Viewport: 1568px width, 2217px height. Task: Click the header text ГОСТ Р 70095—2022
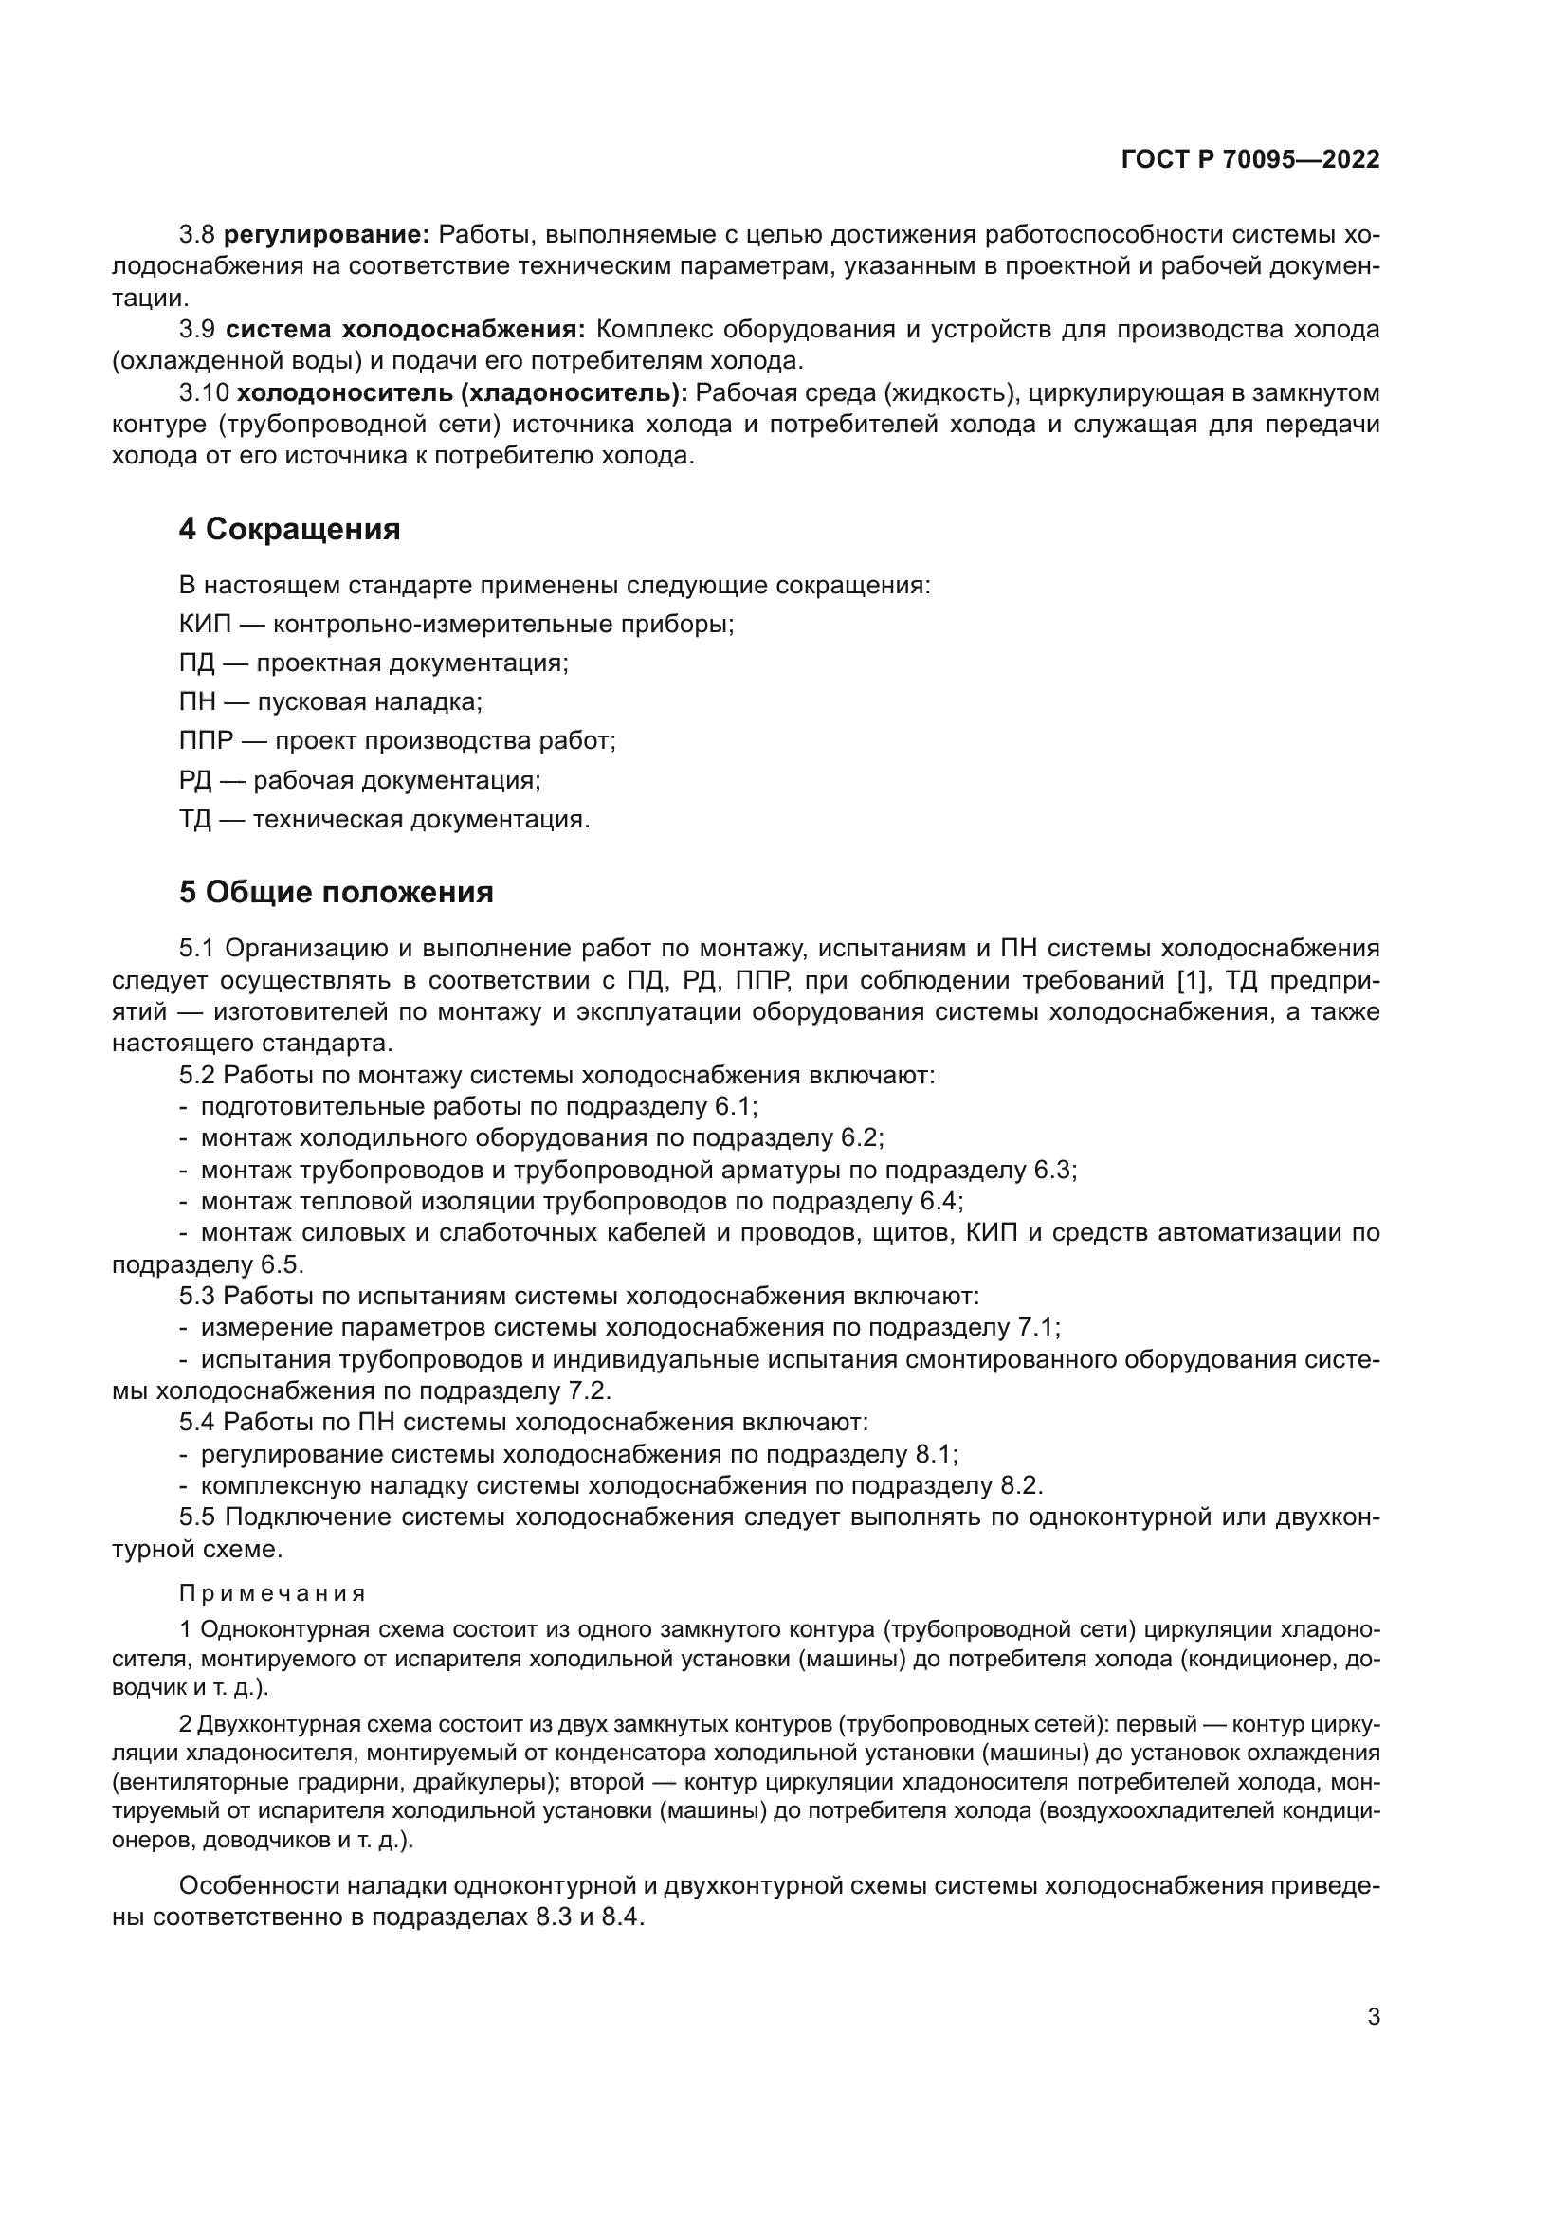(x=1249, y=159)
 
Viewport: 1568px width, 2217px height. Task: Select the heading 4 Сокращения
(x=289, y=529)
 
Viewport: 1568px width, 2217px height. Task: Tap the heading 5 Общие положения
(x=335, y=891)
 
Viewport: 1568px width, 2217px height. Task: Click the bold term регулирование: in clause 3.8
(x=326, y=235)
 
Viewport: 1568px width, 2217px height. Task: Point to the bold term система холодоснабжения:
(x=406, y=329)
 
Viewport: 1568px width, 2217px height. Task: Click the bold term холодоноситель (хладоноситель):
(x=463, y=393)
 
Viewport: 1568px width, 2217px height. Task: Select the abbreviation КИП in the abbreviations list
(x=205, y=624)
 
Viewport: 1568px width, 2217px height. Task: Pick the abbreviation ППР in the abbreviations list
(x=206, y=740)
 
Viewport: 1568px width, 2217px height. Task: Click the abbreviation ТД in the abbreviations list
(x=195, y=819)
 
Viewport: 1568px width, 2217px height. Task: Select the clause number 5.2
(x=196, y=1075)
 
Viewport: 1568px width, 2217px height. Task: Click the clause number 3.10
(x=203, y=393)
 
